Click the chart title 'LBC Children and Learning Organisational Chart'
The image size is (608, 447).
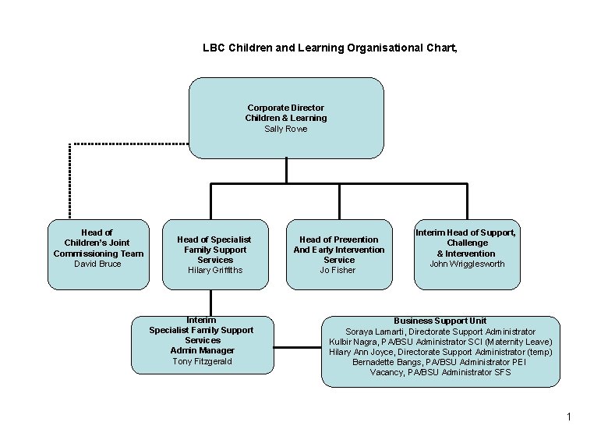[330, 48]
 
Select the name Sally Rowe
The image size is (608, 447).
[285, 129]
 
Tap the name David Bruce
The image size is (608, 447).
[97, 264]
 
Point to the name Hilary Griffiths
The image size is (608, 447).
[215, 270]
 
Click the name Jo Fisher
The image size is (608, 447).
[338, 270]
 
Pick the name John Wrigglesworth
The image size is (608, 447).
[466, 264]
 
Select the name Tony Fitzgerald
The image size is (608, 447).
[202, 360]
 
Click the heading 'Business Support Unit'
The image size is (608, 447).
[440, 321]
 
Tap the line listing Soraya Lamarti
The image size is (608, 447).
[440, 332]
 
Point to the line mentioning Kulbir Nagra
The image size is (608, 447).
[440, 342]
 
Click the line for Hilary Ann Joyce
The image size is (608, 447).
[440, 352]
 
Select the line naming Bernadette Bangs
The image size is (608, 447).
[440, 362]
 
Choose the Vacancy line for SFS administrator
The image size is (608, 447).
[440, 372]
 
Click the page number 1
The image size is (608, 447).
[569, 417]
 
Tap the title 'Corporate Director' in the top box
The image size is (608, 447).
[285, 108]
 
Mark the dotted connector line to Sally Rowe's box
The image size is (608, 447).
[69, 179]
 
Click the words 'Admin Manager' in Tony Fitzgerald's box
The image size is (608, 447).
[202, 350]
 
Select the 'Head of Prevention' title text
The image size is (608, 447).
[338, 239]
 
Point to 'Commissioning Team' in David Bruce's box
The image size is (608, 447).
[98, 254]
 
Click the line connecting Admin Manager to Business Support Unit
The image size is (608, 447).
[298, 345]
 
